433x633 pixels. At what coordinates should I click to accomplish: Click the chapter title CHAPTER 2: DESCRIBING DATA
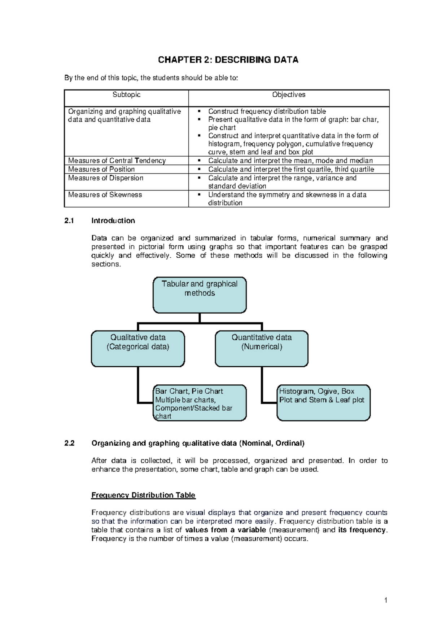[x=228, y=60]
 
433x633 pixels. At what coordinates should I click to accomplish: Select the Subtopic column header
[x=126, y=95]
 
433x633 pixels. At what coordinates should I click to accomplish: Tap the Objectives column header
[x=289, y=95]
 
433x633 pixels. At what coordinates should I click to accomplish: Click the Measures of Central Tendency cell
[x=117, y=161]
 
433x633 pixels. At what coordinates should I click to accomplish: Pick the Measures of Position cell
[x=101, y=169]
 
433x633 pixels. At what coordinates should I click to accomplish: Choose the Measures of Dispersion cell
[x=106, y=178]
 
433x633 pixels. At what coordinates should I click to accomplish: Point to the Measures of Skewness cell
[x=105, y=195]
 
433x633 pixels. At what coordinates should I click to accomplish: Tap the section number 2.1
[x=69, y=221]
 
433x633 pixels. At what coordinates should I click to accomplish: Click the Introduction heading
[x=113, y=221]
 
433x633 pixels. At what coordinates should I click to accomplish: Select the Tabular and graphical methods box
[x=200, y=295]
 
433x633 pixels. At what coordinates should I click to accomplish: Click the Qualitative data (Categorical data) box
[x=138, y=348]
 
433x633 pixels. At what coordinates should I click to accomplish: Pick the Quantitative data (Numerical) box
[x=262, y=348]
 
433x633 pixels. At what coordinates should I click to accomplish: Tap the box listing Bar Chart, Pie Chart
[x=200, y=403]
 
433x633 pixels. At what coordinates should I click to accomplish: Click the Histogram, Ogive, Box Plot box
[x=324, y=403]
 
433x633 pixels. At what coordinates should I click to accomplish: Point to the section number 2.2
[x=69, y=443]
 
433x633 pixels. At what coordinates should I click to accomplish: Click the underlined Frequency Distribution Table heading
[x=143, y=495]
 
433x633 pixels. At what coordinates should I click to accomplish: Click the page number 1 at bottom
[x=386, y=601]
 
